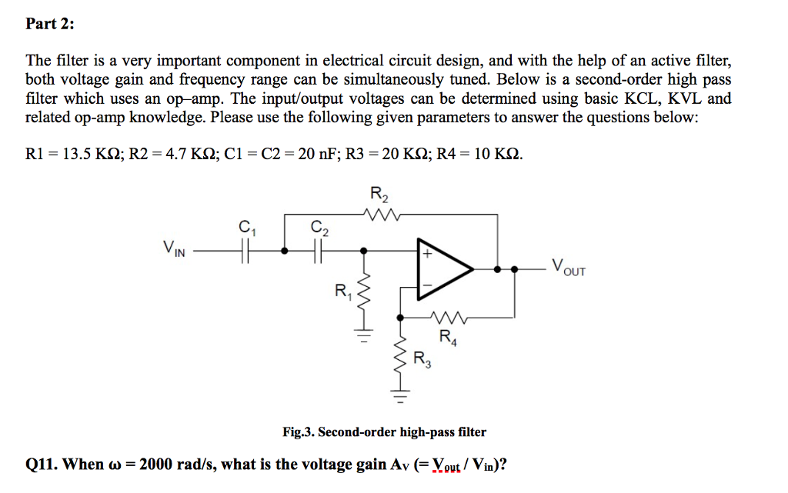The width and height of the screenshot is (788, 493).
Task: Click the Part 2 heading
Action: tap(50, 24)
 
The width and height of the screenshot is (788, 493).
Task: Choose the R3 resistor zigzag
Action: tap(399, 360)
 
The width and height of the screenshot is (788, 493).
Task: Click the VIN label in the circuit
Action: tap(174, 249)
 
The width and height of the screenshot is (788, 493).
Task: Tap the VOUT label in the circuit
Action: tap(568, 269)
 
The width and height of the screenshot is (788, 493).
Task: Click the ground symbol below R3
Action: tap(399, 398)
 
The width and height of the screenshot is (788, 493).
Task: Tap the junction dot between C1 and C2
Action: tap(285, 250)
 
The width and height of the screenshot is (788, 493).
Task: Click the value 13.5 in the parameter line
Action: tap(77, 153)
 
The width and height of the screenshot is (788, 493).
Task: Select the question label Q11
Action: tap(42, 465)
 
